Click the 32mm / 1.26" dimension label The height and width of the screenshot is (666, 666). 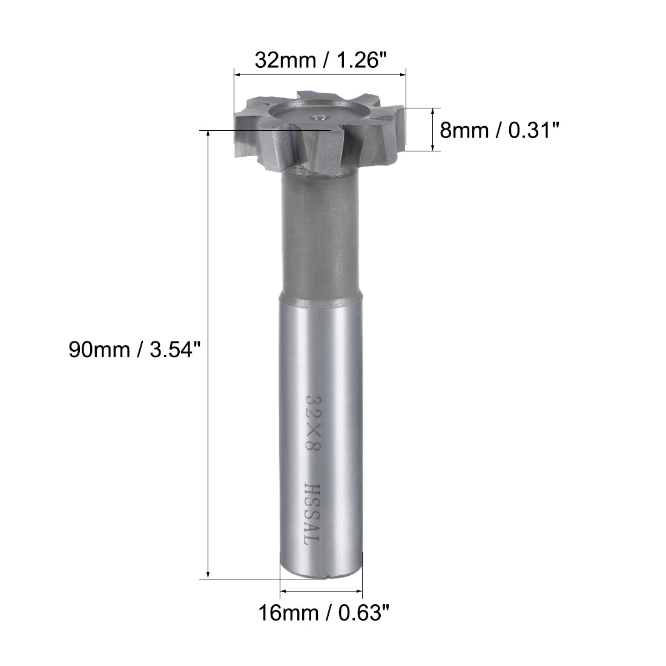coord(320,60)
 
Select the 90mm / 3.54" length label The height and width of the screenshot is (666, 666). coord(134,351)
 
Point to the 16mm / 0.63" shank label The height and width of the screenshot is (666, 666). coord(322,614)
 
